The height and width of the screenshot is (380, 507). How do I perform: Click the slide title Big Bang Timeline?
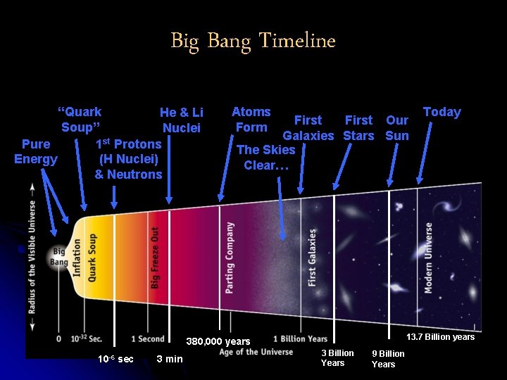(x=253, y=41)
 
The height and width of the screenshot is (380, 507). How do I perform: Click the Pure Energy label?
(x=36, y=151)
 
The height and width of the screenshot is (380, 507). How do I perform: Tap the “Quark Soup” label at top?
(x=80, y=120)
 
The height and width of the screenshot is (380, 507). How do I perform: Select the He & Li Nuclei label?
(x=182, y=120)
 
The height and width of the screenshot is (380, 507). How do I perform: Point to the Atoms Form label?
(x=251, y=120)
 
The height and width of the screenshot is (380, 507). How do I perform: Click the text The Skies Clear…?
(x=265, y=157)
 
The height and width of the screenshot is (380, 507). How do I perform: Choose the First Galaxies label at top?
(x=308, y=127)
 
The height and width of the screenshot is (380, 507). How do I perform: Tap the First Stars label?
(x=358, y=127)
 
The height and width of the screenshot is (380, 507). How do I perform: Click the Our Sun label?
(x=397, y=127)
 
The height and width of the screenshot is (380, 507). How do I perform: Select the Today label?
(x=442, y=112)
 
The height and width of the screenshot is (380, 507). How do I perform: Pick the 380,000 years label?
(x=218, y=342)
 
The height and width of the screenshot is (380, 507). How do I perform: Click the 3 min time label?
(x=169, y=359)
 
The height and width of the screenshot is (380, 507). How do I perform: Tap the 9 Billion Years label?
(x=388, y=359)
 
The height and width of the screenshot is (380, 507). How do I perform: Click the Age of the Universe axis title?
(x=256, y=352)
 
